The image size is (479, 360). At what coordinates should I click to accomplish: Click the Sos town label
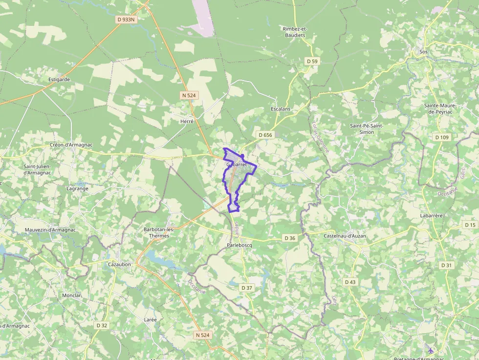coord(423,51)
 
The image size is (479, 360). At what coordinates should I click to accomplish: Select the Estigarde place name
coord(59,79)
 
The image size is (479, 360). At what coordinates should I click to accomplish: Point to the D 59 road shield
coord(312,61)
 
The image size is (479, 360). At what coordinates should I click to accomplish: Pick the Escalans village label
coord(281,109)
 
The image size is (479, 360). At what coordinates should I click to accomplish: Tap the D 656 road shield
coord(264,135)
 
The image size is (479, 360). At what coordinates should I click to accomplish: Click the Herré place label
coord(187,121)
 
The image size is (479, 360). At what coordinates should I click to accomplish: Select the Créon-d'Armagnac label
coord(71,145)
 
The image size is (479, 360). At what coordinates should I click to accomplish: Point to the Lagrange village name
coord(77,188)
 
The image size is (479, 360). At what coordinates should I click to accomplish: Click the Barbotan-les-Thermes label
coord(156,232)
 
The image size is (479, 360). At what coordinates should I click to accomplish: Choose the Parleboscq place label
coord(239,245)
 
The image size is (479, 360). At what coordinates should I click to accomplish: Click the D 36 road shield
coord(289,238)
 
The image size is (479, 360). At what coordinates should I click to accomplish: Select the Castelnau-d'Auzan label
coord(345,235)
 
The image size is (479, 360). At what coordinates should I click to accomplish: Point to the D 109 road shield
coord(441,137)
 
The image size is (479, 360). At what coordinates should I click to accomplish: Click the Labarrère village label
coord(431,215)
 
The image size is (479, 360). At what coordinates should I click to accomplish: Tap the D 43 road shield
coord(350,282)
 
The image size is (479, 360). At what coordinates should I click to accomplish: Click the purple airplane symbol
coord(430,350)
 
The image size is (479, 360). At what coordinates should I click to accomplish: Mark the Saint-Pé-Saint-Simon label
coord(367,129)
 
